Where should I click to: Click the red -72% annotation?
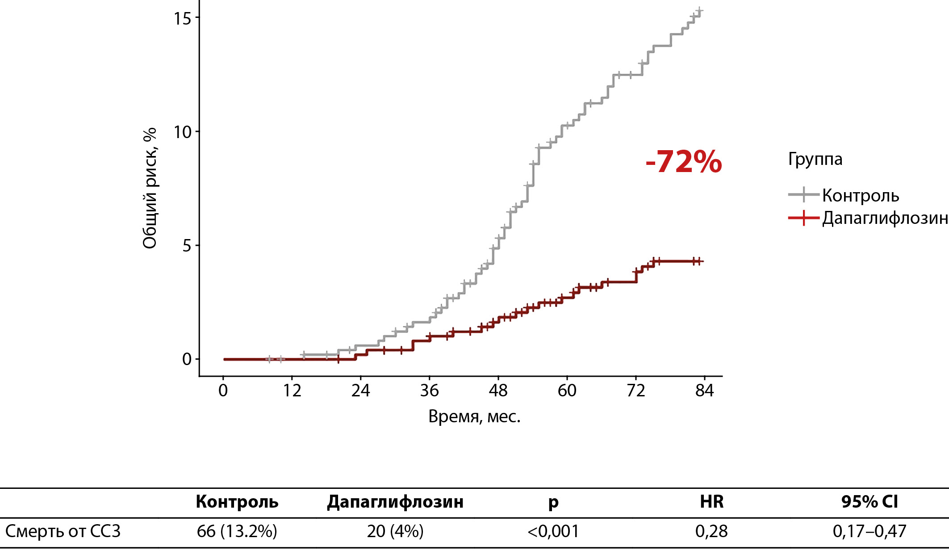click(683, 161)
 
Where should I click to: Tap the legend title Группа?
click(815, 159)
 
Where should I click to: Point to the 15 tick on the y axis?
click(182, 18)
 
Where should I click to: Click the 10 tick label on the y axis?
click(182, 132)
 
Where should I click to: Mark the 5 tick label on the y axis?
click(187, 246)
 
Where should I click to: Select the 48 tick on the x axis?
click(498, 391)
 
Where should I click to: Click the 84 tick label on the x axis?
click(704, 391)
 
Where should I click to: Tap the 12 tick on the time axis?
click(292, 391)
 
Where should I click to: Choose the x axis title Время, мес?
click(474, 416)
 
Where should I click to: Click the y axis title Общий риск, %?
click(150, 188)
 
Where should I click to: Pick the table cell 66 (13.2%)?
click(237, 531)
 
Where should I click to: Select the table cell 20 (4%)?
click(395, 531)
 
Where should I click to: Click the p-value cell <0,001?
click(553, 531)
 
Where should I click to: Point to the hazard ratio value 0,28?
click(711, 531)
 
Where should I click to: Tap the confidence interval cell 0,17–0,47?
click(870, 531)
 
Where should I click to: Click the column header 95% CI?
click(870, 502)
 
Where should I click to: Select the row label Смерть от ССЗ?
click(63, 531)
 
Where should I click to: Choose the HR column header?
click(711, 502)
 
